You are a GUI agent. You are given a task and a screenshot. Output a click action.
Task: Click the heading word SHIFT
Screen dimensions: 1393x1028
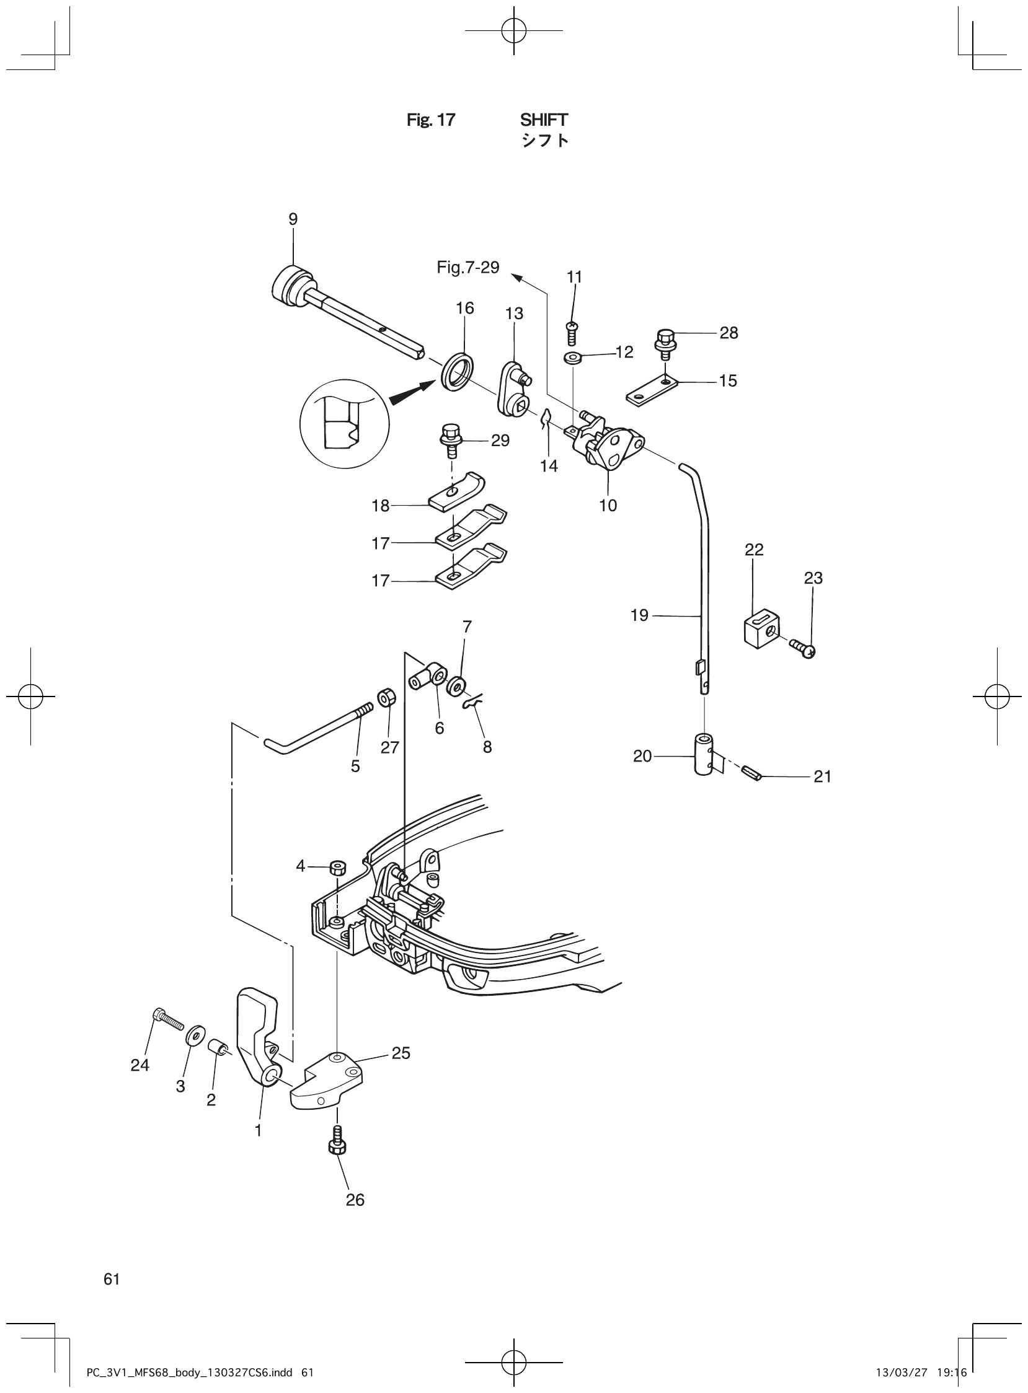(544, 120)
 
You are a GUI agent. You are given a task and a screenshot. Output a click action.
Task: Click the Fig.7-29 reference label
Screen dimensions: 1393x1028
(468, 268)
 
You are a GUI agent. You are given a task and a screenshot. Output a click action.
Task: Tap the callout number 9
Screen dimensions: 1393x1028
(293, 219)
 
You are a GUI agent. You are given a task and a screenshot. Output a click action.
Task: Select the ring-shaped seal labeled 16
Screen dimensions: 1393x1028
(458, 372)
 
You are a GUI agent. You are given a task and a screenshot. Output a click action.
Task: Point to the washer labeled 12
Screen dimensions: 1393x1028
(571, 358)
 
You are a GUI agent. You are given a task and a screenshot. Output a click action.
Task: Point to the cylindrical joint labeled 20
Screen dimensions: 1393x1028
(704, 754)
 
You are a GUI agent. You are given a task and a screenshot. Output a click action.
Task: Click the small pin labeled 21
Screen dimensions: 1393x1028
(752, 773)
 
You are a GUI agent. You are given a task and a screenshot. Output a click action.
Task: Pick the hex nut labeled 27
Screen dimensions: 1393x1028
(386, 698)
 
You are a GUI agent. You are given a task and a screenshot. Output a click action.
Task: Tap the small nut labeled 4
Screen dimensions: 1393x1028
(339, 866)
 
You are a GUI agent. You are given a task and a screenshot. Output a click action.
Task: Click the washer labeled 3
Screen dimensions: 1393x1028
(195, 1037)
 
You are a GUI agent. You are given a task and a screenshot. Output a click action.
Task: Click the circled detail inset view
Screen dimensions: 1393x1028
(344, 424)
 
